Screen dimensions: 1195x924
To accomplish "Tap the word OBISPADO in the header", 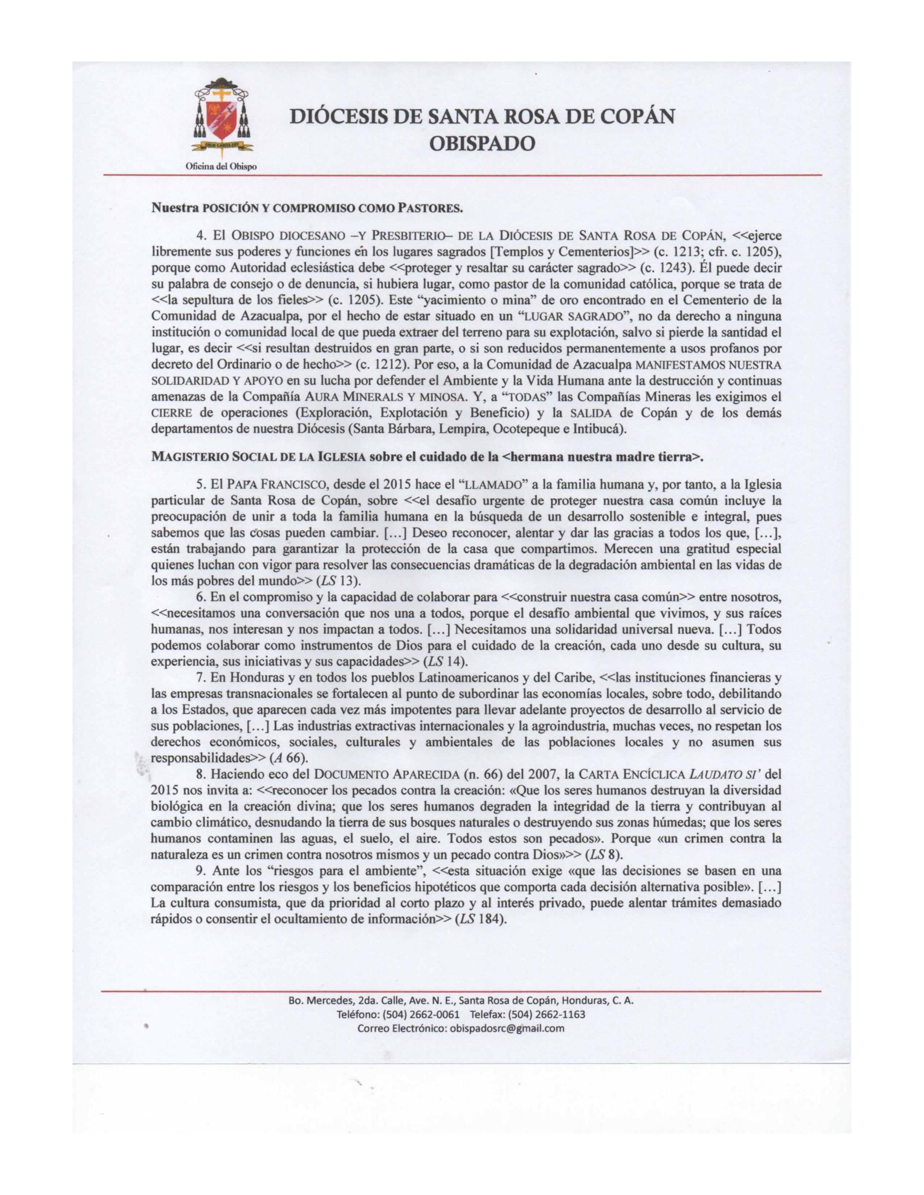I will coord(482,143).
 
